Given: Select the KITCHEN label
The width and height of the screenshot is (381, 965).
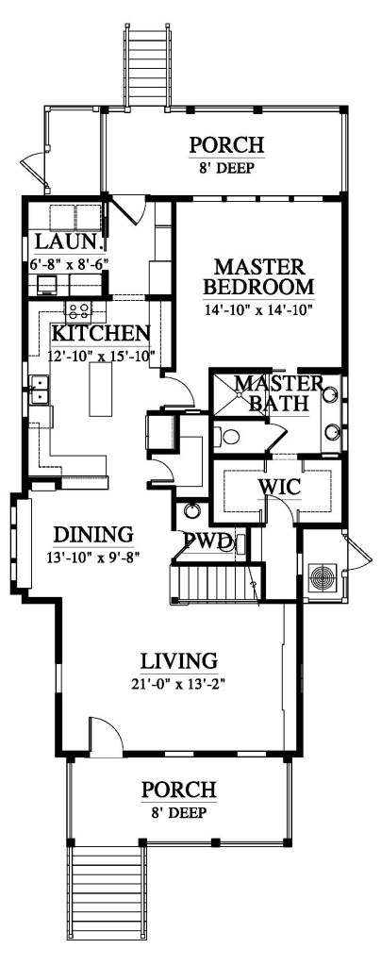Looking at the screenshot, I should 100,333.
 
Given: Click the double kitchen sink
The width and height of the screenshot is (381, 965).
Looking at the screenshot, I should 40,390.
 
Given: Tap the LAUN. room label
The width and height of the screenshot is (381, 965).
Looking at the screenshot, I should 57,243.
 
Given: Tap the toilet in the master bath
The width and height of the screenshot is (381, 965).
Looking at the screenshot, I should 225,437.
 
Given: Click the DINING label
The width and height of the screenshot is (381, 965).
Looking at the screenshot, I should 91,533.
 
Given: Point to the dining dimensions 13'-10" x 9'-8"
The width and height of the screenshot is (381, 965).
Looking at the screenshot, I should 92,556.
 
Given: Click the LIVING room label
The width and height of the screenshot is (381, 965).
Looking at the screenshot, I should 179,658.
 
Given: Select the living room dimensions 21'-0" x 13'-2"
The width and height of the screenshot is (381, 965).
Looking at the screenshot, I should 179,682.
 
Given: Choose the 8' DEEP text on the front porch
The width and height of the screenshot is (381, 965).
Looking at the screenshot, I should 179,811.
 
